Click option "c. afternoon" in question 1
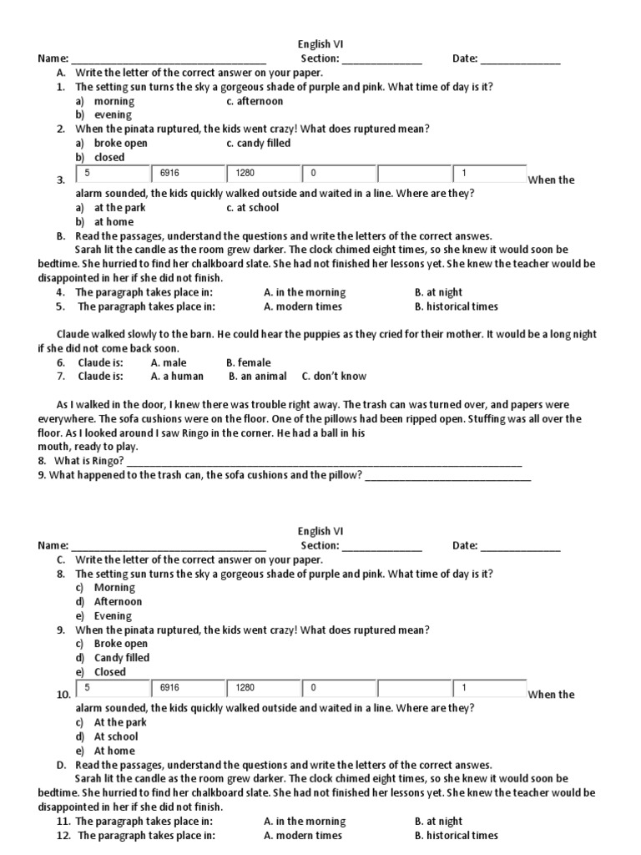pyautogui.click(x=255, y=101)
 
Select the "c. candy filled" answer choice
pyautogui.click(x=258, y=143)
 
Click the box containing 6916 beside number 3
pyautogui.click(x=188, y=173)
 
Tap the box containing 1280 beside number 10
pyautogui.click(x=263, y=687)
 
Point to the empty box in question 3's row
pyautogui.click(x=414, y=173)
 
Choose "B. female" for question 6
pyautogui.click(x=248, y=362)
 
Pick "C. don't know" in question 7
pyautogui.click(x=334, y=376)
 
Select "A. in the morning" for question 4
pyautogui.click(x=304, y=292)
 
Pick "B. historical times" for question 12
pyautogui.click(x=456, y=835)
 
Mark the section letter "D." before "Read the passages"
pyautogui.click(x=62, y=765)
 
